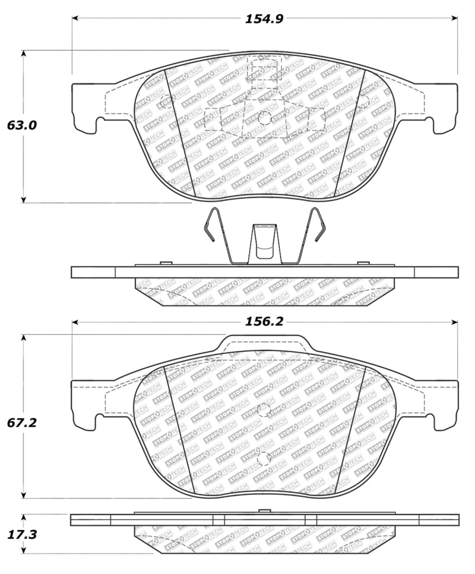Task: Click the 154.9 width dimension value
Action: (x=264, y=18)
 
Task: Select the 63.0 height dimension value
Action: (x=22, y=126)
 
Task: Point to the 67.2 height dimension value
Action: (x=22, y=423)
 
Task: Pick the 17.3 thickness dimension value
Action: (x=22, y=534)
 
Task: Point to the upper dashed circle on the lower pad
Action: (x=264, y=410)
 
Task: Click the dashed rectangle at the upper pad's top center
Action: (x=264, y=70)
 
